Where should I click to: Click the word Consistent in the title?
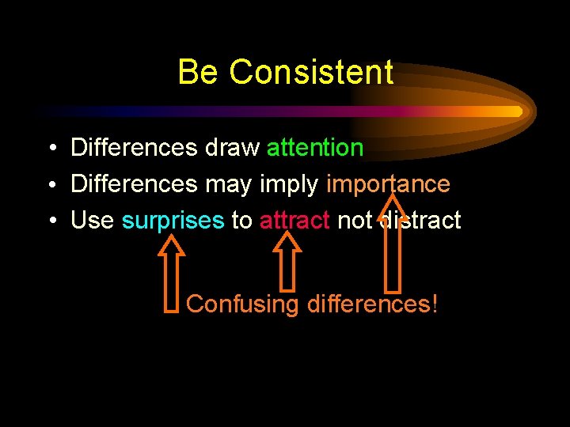pos(311,72)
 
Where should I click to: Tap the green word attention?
pos(315,148)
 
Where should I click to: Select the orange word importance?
pos(388,184)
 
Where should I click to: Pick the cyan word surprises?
pos(173,221)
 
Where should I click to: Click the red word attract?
pos(294,221)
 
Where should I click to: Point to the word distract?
pos(420,221)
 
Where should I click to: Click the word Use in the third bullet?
pos(93,221)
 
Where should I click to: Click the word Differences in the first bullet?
pos(134,148)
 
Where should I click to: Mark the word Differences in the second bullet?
pos(134,184)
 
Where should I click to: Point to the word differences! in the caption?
pos(371,304)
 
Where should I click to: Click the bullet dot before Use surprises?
pos(50,221)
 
